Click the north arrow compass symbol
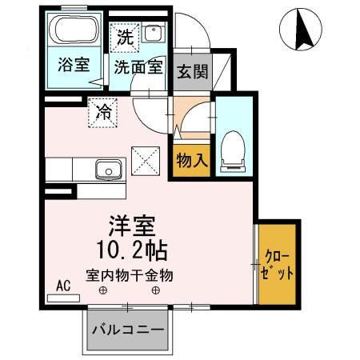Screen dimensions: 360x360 pyautogui.click(x=301, y=29)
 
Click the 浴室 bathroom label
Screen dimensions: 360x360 pyautogui.click(x=74, y=65)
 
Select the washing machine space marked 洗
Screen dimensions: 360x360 pyautogui.click(x=125, y=38)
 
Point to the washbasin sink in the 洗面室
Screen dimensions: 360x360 pyautogui.click(x=153, y=32)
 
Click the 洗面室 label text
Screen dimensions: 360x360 pyautogui.click(x=138, y=67)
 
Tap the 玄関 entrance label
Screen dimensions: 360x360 pyautogui.click(x=192, y=71)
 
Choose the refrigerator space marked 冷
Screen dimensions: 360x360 pyautogui.click(x=103, y=113)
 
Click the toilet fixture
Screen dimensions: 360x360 pyautogui.click(x=233, y=151)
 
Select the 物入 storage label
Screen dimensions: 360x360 pyautogui.click(x=192, y=160)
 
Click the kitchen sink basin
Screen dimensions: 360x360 pyautogui.click(x=109, y=170)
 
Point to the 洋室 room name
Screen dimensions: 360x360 pyautogui.click(x=132, y=226)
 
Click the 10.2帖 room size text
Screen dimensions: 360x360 pyautogui.click(x=132, y=250)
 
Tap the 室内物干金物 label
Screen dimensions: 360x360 pyautogui.click(x=130, y=275)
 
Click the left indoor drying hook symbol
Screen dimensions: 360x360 pyautogui.click(x=103, y=290)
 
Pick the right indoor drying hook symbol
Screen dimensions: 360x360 pyautogui.click(x=156, y=290)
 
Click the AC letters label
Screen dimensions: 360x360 pyautogui.click(x=63, y=286)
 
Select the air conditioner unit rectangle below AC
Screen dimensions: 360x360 pyautogui.click(x=63, y=298)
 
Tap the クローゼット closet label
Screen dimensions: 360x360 pyautogui.click(x=278, y=265)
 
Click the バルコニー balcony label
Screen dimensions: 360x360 pyautogui.click(x=128, y=330)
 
